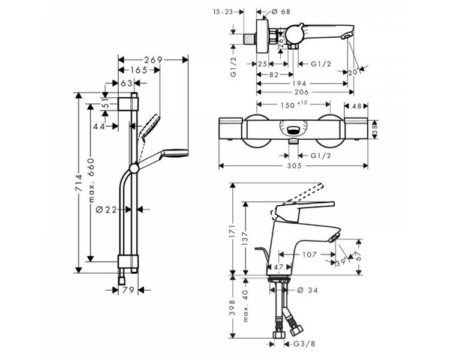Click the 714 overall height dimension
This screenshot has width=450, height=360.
point(79,183)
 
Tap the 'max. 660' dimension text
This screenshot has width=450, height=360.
point(91,180)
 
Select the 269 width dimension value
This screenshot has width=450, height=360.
point(153,60)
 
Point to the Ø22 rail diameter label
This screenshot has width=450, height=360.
point(107,210)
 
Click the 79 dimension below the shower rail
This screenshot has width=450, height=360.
point(128,290)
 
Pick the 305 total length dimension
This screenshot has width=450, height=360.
point(295,166)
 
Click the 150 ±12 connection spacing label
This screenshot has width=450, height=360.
point(293,104)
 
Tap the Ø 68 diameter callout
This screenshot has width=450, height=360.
point(280,12)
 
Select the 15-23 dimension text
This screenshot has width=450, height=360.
point(223,12)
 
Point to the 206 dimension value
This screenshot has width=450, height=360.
point(301,92)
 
